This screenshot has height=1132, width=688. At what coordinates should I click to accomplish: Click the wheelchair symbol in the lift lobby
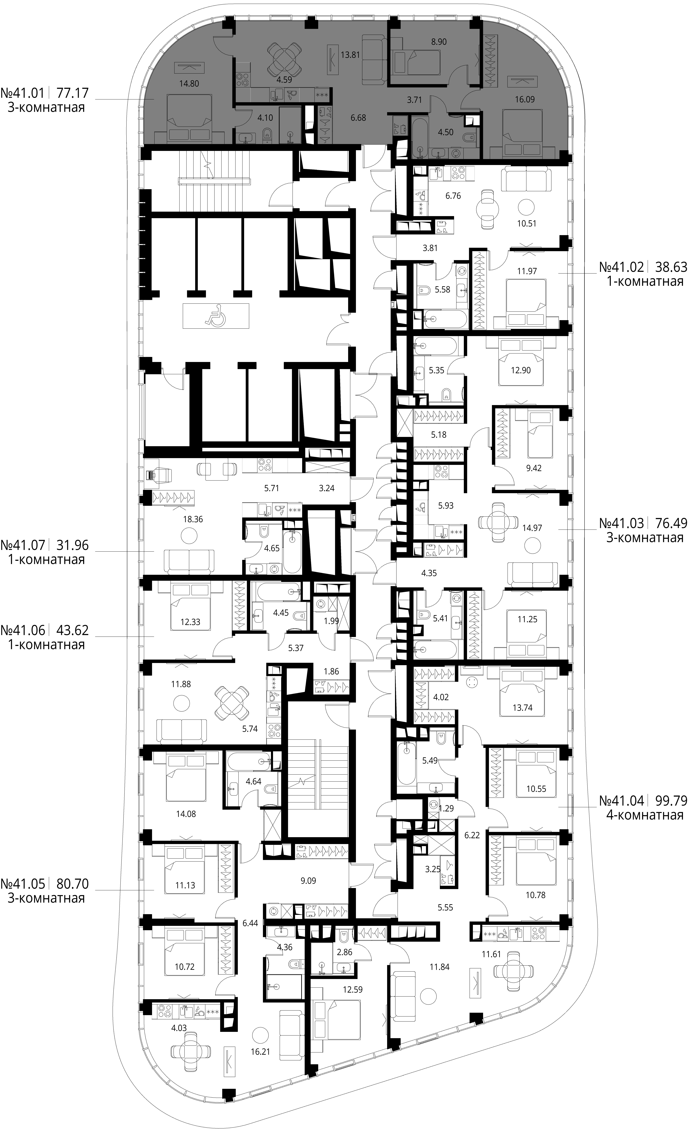(x=216, y=316)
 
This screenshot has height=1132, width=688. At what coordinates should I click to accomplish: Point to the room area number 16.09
(x=524, y=99)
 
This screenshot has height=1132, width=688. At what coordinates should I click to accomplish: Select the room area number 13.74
(x=523, y=708)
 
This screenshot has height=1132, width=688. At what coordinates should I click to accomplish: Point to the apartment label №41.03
(x=621, y=523)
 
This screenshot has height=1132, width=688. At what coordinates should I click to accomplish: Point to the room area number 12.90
(x=521, y=370)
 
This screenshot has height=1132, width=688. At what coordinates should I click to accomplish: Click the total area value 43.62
(x=72, y=630)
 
